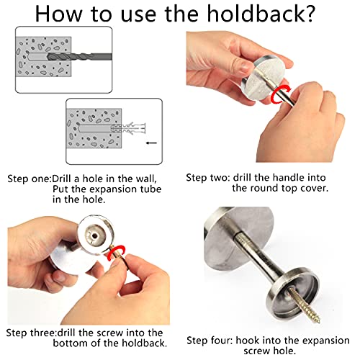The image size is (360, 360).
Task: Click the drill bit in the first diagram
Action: point(80,57)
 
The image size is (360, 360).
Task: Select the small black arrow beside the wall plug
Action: point(151,143)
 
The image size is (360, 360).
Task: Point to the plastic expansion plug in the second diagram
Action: point(129,127)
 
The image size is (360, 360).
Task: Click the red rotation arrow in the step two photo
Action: point(279,94)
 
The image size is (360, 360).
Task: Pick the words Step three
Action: point(31,333)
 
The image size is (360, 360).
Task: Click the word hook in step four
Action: point(247,341)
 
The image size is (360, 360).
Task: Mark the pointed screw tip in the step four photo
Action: point(318,322)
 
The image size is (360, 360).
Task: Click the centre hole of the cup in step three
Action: point(95,236)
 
